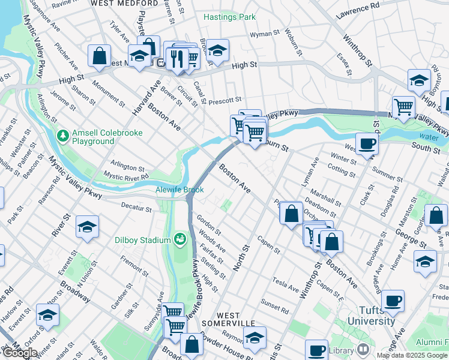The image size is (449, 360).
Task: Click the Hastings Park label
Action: point(229,17)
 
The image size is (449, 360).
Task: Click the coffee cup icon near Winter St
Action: point(367,143)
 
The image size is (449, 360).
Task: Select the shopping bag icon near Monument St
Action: point(99,56)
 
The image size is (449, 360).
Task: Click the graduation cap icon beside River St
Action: point(87,227)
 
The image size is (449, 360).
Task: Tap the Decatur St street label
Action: point(136,208)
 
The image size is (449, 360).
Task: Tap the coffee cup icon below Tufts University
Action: point(316,350)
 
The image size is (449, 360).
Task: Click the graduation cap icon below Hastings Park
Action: point(218,50)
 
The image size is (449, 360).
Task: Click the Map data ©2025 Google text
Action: point(411,355)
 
